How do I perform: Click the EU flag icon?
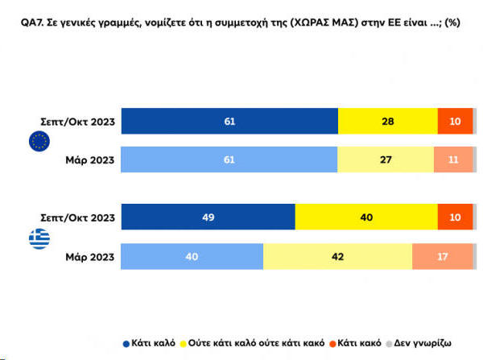(38, 143)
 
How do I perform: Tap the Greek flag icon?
(38, 239)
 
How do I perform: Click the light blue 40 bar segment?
(192, 256)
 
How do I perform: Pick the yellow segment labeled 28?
(388, 121)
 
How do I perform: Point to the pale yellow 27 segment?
(386, 159)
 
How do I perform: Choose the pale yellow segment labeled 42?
(337, 256)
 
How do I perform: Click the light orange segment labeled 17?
(442, 256)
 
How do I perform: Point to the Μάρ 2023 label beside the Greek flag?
(90, 257)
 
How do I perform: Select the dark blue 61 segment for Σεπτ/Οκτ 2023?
(229, 121)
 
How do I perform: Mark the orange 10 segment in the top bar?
(455, 121)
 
